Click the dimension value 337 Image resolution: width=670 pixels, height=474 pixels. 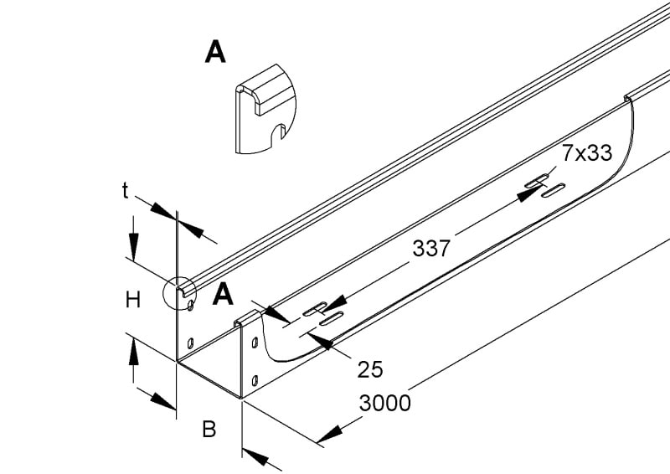(431, 249)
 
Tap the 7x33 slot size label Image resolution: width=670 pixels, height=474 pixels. (587, 153)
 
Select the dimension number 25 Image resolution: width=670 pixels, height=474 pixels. (370, 369)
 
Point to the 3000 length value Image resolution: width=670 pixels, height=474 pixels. (385, 403)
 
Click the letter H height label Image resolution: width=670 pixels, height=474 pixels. (133, 300)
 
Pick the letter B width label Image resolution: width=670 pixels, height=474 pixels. (209, 430)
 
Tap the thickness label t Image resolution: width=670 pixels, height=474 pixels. (125, 191)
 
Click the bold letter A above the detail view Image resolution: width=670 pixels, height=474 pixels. (215, 52)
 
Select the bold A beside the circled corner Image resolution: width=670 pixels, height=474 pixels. (223, 294)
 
